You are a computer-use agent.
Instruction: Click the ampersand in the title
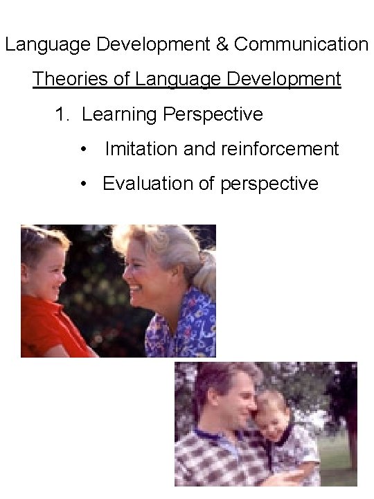[x=221, y=45]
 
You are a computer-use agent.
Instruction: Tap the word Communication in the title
[x=301, y=45]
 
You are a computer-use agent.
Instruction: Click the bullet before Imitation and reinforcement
[x=84, y=149]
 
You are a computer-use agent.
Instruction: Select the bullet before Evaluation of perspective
[x=84, y=184]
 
